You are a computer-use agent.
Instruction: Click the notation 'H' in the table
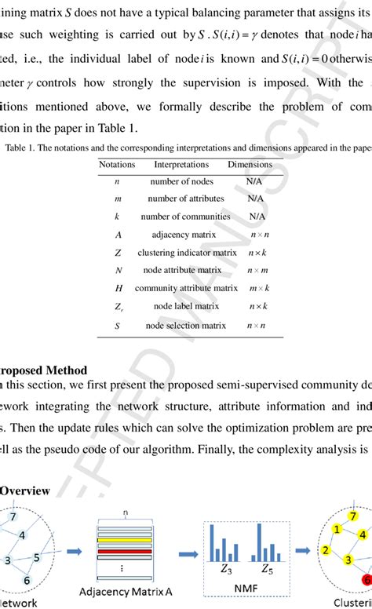[x=117, y=288]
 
